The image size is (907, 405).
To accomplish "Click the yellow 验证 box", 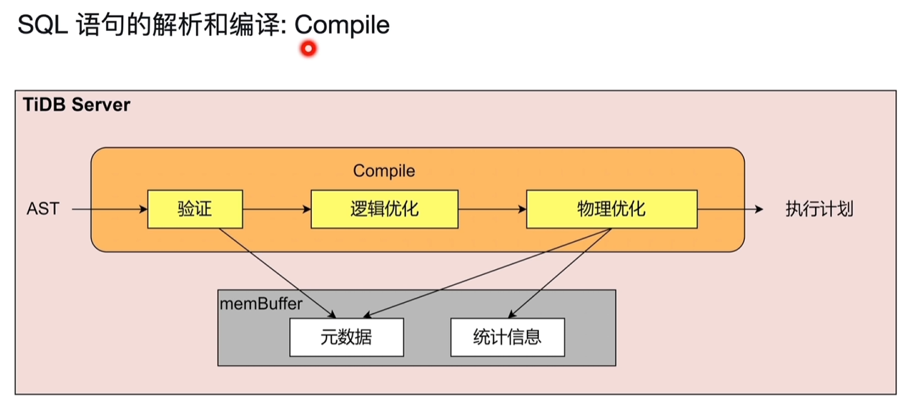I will [x=195, y=209].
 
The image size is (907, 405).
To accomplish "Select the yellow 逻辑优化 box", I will [x=384, y=209].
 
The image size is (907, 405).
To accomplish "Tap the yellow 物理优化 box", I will [x=611, y=209].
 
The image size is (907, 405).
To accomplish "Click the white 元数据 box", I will [x=346, y=337].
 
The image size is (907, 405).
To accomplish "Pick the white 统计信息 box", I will [x=507, y=337].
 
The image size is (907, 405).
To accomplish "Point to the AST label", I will [x=43, y=209].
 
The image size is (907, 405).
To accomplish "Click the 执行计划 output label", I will [x=819, y=209].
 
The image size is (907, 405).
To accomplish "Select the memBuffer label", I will [x=261, y=303].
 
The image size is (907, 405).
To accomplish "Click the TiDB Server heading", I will [x=76, y=105].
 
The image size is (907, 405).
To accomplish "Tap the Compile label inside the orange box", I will [x=384, y=171].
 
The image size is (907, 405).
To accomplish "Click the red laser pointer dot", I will [x=308, y=49].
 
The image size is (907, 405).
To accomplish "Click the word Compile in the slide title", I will [x=342, y=25].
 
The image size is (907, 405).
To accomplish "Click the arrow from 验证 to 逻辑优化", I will [x=277, y=209].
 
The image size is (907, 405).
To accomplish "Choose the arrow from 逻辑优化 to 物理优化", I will [x=492, y=209].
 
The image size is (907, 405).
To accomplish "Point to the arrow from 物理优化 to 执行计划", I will [x=731, y=209].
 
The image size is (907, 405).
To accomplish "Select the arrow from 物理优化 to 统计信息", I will [x=561, y=271].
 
